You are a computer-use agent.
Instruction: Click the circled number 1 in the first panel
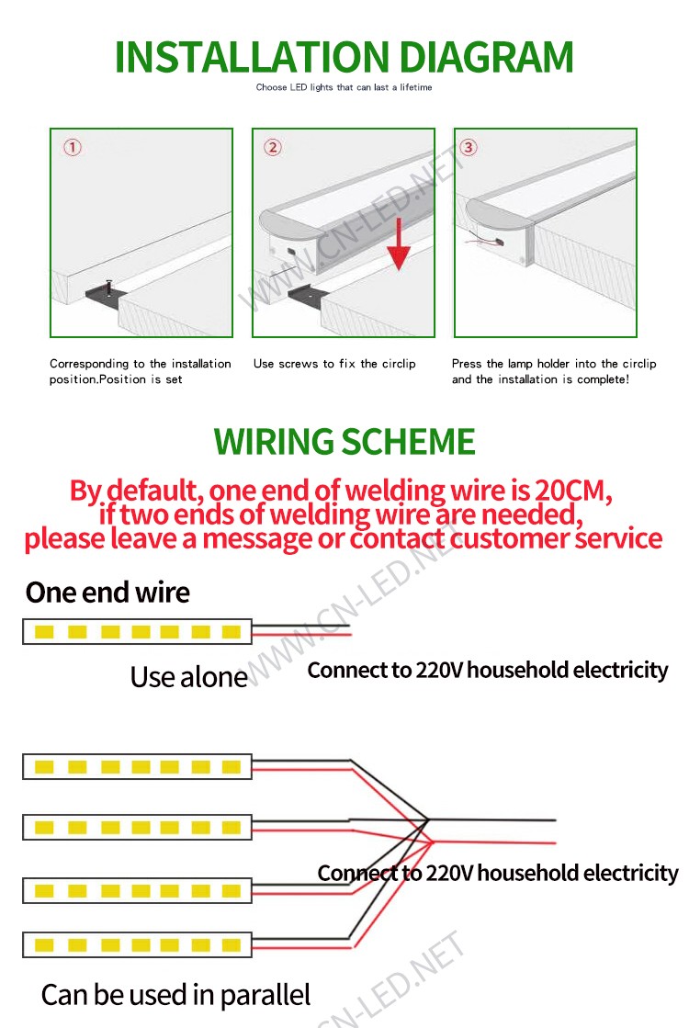(72, 148)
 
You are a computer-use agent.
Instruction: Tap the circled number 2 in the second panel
(273, 148)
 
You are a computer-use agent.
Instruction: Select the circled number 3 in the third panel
(469, 148)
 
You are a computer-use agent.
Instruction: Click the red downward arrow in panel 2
(398, 244)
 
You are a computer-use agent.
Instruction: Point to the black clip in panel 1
(104, 292)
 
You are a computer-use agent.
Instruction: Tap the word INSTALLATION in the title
(253, 57)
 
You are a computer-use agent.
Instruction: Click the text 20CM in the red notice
(572, 490)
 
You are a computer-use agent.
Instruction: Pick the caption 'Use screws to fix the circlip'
(334, 364)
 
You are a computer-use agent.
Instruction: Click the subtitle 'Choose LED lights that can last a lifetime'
(344, 87)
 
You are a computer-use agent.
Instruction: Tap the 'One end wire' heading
(107, 593)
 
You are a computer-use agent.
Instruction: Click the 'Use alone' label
(189, 677)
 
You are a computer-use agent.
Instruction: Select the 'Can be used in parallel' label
(175, 995)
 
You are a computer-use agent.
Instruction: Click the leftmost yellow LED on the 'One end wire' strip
(44, 632)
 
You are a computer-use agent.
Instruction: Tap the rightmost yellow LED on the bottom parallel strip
(232, 944)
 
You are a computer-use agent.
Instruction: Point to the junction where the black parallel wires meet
(427, 819)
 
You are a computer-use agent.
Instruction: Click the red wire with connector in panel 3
(484, 242)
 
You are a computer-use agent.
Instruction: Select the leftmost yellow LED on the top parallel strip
(44, 766)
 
